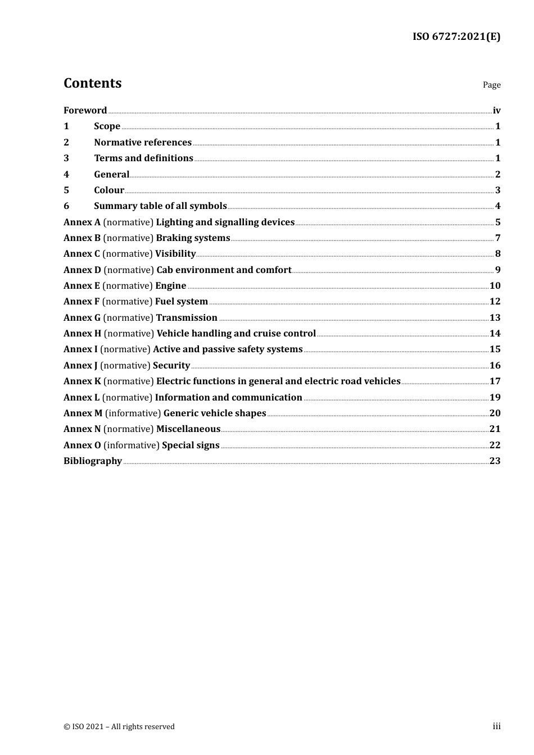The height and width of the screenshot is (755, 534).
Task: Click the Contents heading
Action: point(92,83)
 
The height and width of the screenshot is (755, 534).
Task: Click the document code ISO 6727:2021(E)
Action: point(456,37)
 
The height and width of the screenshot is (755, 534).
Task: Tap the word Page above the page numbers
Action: point(491,85)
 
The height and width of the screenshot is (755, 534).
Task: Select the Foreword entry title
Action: point(85,110)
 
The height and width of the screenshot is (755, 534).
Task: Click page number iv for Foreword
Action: point(496,110)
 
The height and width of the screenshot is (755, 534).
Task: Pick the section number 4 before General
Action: point(66,174)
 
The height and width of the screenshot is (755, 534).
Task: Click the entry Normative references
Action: point(143,142)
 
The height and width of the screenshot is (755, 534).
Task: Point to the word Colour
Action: point(109,190)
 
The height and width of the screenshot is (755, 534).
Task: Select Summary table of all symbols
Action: point(160,206)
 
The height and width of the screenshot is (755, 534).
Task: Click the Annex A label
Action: point(82,222)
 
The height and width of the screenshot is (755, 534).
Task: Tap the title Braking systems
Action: point(193,238)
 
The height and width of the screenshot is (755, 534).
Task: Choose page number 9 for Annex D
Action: point(497,270)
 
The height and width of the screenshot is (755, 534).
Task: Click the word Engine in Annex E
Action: point(170,285)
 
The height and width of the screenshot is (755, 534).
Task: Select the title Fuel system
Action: point(181,302)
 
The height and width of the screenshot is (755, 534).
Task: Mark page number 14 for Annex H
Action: point(495,333)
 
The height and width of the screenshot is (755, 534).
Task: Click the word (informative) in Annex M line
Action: point(133,413)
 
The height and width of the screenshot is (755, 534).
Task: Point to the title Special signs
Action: point(191,445)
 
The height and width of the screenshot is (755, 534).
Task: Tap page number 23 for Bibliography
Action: point(495,461)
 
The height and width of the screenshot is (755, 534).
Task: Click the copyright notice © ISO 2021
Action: point(119,726)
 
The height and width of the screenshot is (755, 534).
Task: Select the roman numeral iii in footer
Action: point(496,726)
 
